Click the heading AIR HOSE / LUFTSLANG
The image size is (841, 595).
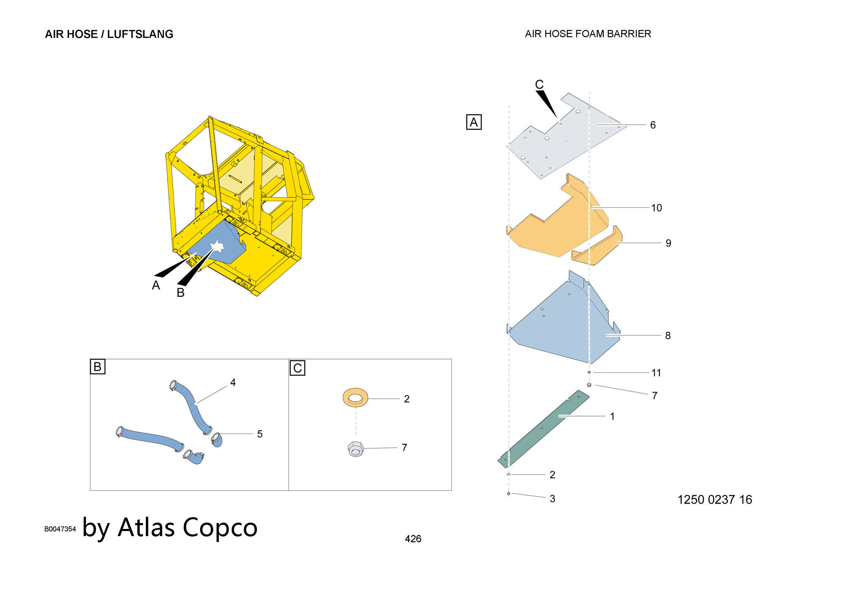click(109, 34)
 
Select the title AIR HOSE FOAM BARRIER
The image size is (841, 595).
click(588, 34)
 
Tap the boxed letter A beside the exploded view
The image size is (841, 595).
click(474, 122)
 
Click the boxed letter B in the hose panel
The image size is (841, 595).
click(98, 367)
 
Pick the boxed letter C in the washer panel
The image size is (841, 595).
click(298, 368)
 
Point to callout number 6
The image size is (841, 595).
click(653, 125)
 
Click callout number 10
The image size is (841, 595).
click(656, 208)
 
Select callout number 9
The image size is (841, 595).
click(668, 243)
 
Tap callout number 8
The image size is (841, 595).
click(668, 336)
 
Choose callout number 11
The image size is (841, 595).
click(656, 373)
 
